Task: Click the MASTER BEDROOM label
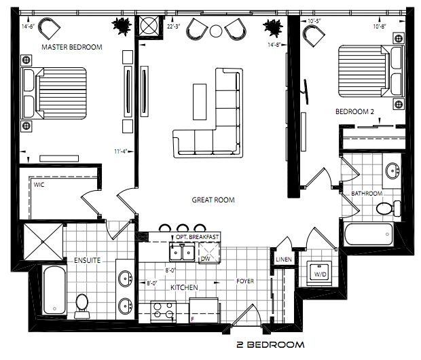pos(72,48)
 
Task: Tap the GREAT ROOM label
pos(213,200)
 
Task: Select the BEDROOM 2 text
pos(354,111)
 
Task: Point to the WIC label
pos(39,185)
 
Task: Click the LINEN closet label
pos(284,259)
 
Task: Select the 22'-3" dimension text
pos(173,26)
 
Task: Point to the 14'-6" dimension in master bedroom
pos(28,26)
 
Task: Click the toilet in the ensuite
pos(82,306)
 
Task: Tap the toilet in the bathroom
pos(388,209)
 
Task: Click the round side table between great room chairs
pos(216,31)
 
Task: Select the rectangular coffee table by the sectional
pos(200,102)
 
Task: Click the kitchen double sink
pos(182,251)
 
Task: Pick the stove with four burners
pos(164,312)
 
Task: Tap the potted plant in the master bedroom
pos(122,26)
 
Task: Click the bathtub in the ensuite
pos(54,290)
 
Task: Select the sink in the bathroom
pos(392,170)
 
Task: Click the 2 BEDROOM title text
pos(270,344)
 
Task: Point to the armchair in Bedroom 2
pos(313,35)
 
